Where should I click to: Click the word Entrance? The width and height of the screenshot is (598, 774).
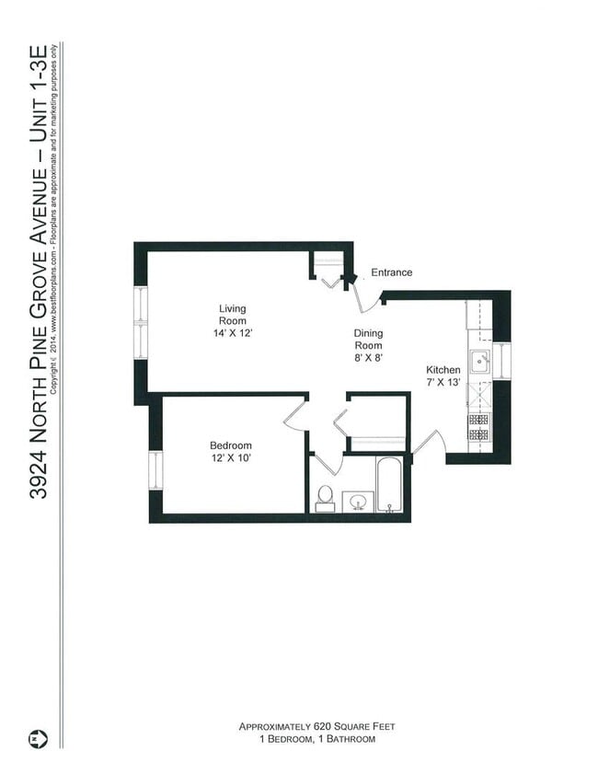(x=391, y=272)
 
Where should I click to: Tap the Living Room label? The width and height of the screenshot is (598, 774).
(x=232, y=315)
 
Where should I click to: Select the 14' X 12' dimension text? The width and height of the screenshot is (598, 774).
(x=232, y=333)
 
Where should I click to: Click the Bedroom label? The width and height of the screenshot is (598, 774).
(x=230, y=445)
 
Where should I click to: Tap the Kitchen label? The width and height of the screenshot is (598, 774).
(x=443, y=369)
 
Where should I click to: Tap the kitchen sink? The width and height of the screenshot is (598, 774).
(x=480, y=362)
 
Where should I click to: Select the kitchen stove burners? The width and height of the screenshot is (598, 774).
(x=478, y=427)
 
